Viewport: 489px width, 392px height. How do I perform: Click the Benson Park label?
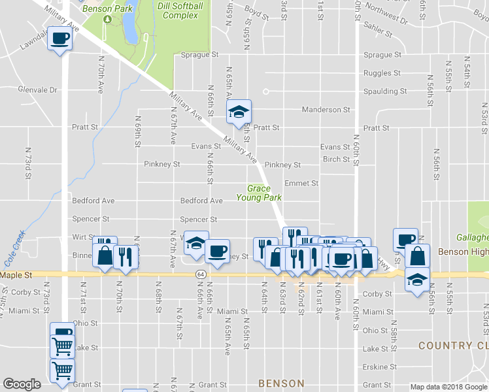(107, 9)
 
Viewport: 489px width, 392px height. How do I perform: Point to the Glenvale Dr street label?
(38, 90)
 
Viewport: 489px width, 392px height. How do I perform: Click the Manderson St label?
(326, 110)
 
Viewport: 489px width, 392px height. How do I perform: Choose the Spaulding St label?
(385, 91)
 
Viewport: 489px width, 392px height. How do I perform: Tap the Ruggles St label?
(382, 73)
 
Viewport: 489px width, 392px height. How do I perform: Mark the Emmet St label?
(301, 184)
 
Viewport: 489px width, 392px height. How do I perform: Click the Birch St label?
(336, 159)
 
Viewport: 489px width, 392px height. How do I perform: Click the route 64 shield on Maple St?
(201, 275)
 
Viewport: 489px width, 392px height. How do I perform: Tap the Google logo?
(22, 384)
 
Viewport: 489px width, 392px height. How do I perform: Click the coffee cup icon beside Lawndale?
(60, 39)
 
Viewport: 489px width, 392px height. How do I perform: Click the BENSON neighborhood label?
(281, 384)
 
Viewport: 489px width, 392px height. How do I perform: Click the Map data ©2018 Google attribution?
(448, 387)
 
